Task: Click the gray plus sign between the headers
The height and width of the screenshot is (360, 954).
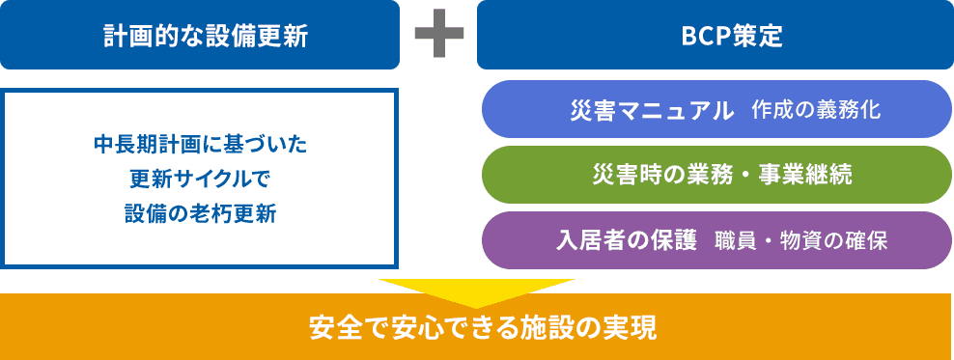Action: tap(437, 35)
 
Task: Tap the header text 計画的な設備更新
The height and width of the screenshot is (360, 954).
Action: tap(200, 36)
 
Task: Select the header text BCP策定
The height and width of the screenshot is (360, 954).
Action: tap(715, 36)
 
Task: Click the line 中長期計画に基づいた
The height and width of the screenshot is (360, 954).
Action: tap(200, 146)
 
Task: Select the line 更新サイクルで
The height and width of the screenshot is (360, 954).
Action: tap(200, 180)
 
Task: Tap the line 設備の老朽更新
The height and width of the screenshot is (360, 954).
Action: tap(200, 213)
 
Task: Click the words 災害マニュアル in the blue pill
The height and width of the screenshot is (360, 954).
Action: tap(652, 110)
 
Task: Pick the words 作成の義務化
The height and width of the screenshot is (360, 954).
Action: tap(815, 110)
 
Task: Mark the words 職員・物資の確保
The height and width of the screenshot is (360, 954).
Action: tap(800, 240)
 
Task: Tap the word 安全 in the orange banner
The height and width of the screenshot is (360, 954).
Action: tap(324, 328)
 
